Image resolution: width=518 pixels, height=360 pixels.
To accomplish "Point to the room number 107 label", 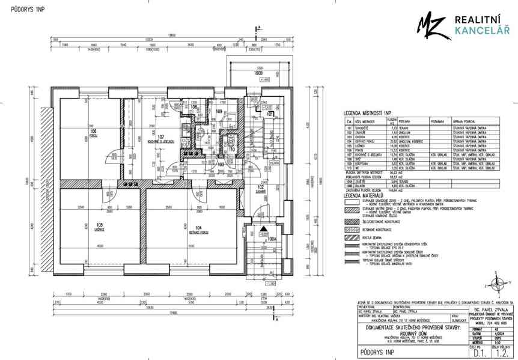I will pos(160,137).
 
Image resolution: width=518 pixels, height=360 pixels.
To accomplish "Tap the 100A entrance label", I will pos(272,239).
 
